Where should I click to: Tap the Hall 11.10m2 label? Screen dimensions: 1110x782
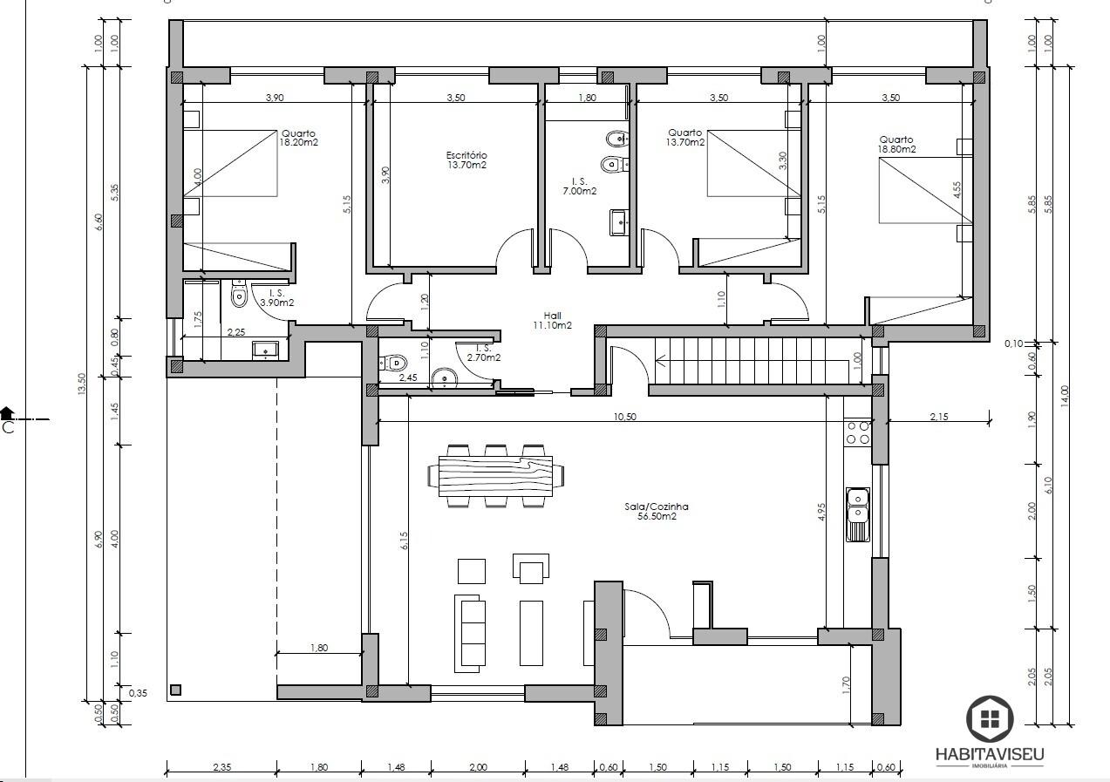coord(552,320)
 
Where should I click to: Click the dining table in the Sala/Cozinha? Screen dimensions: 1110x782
coord(495,476)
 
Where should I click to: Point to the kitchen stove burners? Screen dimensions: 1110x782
coord(858,432)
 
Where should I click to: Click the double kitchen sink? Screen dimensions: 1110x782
coord(858,513)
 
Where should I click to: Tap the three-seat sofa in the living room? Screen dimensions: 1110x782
coord(469,633)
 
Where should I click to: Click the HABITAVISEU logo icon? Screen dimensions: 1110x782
coord(990,719)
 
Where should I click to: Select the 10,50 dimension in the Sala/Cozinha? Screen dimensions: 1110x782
coord(624,417)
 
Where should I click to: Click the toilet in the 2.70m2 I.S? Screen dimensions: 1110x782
coord(393,364)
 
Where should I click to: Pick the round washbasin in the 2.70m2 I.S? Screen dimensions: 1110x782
coord(444,378)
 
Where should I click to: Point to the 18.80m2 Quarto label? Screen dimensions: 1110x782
coord(896,144)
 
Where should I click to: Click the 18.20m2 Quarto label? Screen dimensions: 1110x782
coord(298,138)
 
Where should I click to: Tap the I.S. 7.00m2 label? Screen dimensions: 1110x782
coord(579,187)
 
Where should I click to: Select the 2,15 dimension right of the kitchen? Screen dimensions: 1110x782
coord(939,417)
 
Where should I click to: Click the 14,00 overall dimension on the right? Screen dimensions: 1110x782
coord(1065,397)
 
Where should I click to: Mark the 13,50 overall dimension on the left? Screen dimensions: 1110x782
coord(82,384)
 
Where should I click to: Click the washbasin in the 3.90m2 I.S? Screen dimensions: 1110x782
coord(266,350)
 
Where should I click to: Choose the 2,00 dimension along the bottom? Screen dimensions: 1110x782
coord(478,767)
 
